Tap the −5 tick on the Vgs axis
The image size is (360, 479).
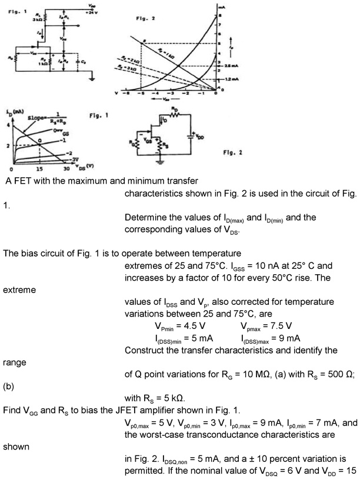141,94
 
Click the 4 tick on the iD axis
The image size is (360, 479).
8,125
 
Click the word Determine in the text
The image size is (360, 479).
144,218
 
